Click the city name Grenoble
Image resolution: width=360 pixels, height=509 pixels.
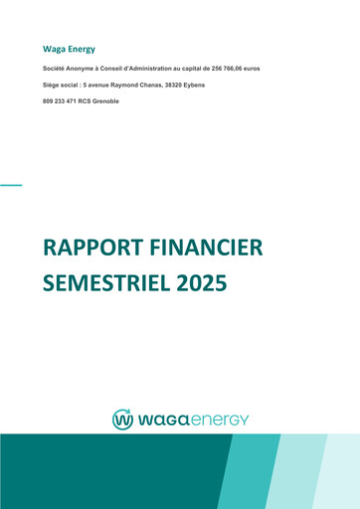[x=104, y=102]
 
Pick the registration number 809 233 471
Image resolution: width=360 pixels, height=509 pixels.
[x=59, y=102]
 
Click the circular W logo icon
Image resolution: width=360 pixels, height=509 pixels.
[x=122, y=419]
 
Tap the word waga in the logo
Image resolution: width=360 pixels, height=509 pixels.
[x=163, y=420]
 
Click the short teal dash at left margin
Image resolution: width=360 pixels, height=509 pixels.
[x=10, y=185]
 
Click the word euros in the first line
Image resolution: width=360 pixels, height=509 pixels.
[x=250, y=68]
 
